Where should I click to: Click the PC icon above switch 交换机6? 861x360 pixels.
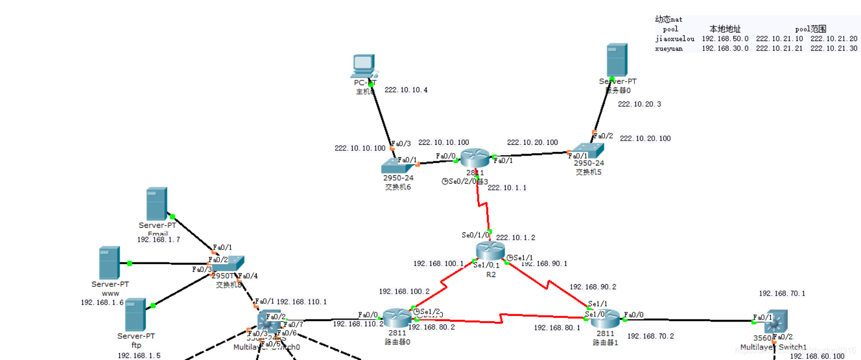tap(363, 66)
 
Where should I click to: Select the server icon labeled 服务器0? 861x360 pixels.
tap(617, 60)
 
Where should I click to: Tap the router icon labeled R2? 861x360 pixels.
tap(490, 251)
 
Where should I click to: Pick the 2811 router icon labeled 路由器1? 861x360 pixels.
tap(605, 318)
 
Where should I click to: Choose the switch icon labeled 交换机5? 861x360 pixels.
tap(589, 151)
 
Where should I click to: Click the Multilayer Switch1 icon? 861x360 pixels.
tap(775, 322)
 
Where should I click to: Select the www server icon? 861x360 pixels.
tap(109, 262)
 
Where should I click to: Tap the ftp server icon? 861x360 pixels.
tap(135, 314)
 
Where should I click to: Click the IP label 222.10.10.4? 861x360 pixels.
tap(406, 90)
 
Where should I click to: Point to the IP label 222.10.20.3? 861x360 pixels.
tap(640, 104)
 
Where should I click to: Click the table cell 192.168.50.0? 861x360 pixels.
tap(725, 39)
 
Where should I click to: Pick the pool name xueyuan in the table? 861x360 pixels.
tap(669, 49)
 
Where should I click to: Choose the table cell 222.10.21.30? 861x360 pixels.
tap(834, 48)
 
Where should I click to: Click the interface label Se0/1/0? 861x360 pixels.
tap(475, 236)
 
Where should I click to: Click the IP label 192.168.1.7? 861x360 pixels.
tap(159, 240)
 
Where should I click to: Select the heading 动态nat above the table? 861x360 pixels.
tap(669, 19)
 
